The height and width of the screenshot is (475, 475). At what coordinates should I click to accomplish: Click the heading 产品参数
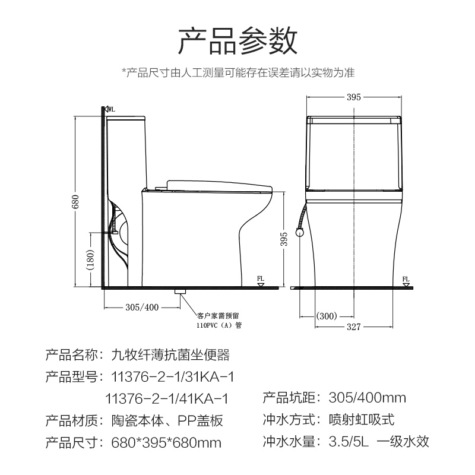(x=237, y=40)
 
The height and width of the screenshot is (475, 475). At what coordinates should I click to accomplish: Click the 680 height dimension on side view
(x=76, y=202)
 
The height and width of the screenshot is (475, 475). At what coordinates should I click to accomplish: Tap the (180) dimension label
(x=91, y=262)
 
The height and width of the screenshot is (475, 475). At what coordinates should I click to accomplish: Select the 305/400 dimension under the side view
(x=142, y=307)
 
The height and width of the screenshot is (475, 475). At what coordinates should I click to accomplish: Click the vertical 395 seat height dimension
(x=284, y=239)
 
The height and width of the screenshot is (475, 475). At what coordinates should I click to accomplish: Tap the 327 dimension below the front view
(x=354, y=327)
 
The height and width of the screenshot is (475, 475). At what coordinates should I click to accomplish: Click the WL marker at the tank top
(x=110, y=110)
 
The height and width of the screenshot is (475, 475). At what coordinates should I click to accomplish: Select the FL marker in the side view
(x=261, y=280)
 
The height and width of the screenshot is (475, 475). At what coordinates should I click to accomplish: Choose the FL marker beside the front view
(x=406, y=280)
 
